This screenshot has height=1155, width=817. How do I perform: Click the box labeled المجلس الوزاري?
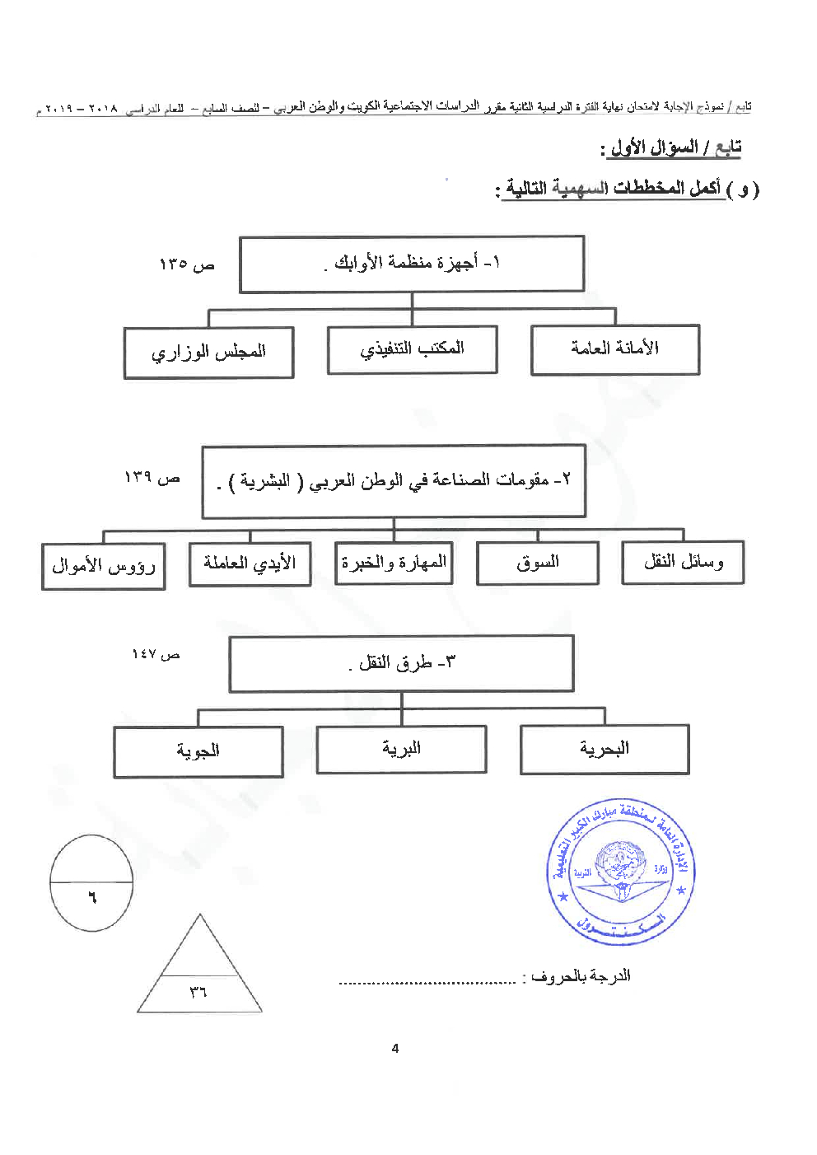point(208,353)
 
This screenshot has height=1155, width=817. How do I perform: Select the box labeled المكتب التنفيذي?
point(412,349)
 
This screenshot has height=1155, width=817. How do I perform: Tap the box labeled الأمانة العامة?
point(615,349)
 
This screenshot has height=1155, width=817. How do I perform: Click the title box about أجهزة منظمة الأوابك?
point(412,264)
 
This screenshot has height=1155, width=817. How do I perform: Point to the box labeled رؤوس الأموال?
point(104,566)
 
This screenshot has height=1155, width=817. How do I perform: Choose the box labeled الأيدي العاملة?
point(250,563)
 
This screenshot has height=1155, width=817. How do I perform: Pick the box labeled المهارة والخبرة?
point(394,563)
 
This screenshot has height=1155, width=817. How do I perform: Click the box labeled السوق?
point(538,563)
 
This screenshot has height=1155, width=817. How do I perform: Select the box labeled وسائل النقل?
point(683,562)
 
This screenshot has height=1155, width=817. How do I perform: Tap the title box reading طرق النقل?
point(401,663)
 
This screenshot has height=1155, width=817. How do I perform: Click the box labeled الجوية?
point(198,751)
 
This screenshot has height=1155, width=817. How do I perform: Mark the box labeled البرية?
point(401,749)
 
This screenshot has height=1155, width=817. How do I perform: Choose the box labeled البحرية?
point(605,749)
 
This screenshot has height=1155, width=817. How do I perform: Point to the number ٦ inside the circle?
point(92,897)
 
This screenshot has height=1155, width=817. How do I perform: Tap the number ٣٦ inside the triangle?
point(198,993)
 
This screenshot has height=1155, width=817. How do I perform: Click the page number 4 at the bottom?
point(395,1049)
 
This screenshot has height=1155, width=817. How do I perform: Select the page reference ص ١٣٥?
point(186,264)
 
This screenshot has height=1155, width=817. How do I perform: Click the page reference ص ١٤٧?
point(156,655)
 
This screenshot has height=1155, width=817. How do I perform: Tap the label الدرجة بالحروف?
point(581,976)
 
